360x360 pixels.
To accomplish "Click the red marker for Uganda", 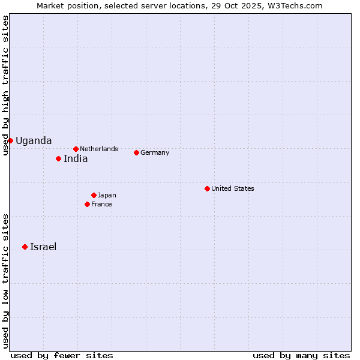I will pyautogui.click(x=10, y=140).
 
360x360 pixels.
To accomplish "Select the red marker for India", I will pyautogui.click(x=58, y=158).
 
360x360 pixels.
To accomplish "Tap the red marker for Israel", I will pyautogui.click(x=25, y=247).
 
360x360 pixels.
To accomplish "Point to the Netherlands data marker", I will pyautogui.click(x=76, y=149).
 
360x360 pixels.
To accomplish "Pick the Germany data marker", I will pyautogui.click(x=136, y=152).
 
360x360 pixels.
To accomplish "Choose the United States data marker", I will pyautogui.click(x=207, y=188).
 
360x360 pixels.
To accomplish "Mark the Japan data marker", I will pyautogui.click(x=94, y=195).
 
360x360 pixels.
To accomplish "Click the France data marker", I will pyautogui.click(x=87, y=204).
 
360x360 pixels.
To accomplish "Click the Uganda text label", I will pyautogui.click(x=34, y=141).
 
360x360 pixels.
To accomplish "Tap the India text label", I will pyautogui.click(x=76, y=159).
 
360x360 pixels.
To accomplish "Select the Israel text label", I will pyautogui.click(x=43, y=247).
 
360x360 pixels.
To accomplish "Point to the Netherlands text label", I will pyautogui.click(x=99, y=149).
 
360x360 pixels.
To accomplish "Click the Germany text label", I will pyautogui.click(x=155, y=152).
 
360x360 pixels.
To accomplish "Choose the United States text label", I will pyautogui.click(x=233, y=188).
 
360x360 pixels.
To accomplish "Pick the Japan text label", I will pyautogui.click(x=107, y=195).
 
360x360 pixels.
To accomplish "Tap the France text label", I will pyautogui.click(x=101, y=204).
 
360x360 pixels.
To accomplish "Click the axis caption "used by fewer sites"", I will pyautogui.click(x=62, y=355).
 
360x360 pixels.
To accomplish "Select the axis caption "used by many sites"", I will pyautogui.click(x=301, y=355).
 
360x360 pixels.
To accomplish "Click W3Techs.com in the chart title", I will pyautogui.click(x=296, y=5).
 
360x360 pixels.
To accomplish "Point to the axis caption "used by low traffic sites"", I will pyautogui.click(x=5, y=281).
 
